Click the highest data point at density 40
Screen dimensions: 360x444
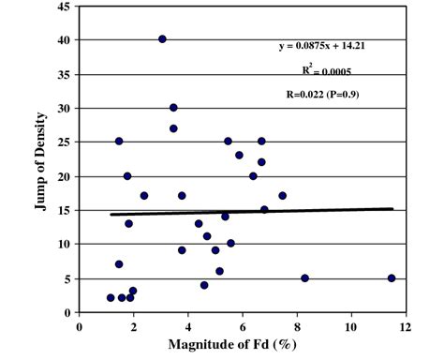[162, 39]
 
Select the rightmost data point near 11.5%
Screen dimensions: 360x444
[392, 278]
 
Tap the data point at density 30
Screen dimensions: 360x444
[173, 108]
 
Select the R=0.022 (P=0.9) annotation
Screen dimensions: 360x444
[323, 95]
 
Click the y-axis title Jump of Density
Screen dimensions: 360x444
[41, 159]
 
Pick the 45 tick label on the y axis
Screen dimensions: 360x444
[65, 7]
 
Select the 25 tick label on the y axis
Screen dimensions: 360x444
[65, 142]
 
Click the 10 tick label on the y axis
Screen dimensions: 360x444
[65, 245]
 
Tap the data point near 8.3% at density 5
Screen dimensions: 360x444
[305, 278]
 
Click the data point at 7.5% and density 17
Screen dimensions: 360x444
[282, 196]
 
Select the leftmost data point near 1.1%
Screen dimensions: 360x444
[111, 298]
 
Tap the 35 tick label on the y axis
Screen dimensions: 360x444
[65, 74]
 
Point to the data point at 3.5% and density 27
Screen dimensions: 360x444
[173, 128]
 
